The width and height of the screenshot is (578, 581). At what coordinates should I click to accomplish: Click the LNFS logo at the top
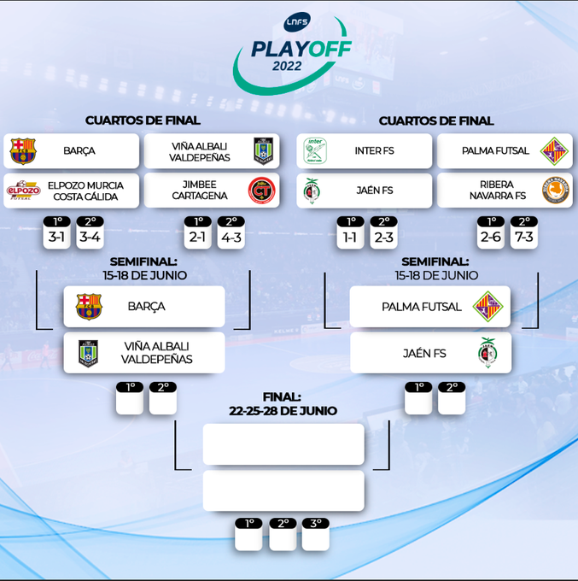[x=296, y=23]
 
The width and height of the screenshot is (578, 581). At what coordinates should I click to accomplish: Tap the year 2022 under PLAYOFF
[x=287, y=66]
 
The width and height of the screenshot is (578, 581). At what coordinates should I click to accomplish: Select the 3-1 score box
[x=56, y=237]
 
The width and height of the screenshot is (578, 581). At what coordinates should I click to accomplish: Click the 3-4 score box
[x=90, y=237]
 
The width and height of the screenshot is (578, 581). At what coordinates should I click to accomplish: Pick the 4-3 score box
[x=231, y=237]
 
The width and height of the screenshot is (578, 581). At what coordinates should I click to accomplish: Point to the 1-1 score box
[x=350, y=237]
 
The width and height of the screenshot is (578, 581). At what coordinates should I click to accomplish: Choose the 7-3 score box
[x=523, y=237]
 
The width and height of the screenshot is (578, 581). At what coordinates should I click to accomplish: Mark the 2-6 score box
[x=490, y=237]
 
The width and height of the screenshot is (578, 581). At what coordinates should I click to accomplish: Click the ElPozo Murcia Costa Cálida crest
[x=23, y=191]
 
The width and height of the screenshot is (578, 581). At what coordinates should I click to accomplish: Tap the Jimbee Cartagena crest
[x=261, y=191]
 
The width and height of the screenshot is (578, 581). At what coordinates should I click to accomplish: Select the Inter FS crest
[x=315, y=150]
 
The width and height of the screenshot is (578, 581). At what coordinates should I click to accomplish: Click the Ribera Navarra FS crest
[x=555, y=191]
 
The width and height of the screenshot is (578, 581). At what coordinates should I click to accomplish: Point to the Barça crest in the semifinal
[x=89, y=306]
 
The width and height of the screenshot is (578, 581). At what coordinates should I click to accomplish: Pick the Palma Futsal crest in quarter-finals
[x=555, y=150]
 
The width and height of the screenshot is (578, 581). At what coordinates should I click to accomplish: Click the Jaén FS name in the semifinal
[x=423, y=353]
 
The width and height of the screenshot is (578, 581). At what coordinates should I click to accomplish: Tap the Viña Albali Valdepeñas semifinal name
[x=156, y=353]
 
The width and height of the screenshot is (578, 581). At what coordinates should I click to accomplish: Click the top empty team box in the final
[x=283, y=444]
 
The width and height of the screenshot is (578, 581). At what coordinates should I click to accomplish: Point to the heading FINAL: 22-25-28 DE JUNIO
[x=283, y=403]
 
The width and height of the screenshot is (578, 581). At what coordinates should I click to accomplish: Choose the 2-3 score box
[x=383, y=237]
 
